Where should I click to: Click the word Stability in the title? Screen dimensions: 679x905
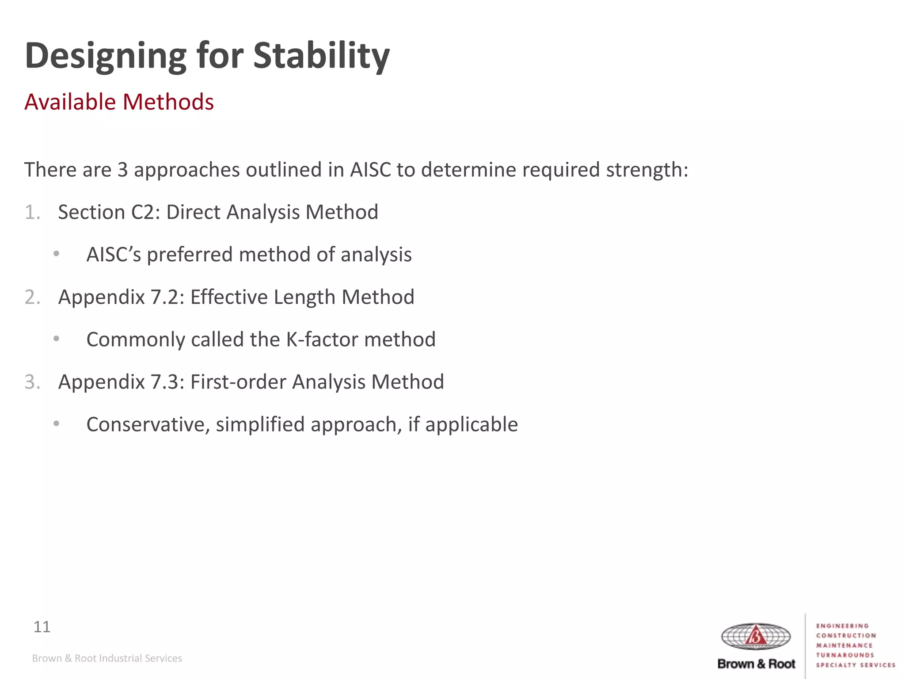[x=321, y=56]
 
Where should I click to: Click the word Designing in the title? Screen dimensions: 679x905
[x=106, y=56]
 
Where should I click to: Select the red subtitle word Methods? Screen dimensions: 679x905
[x=168, y=102]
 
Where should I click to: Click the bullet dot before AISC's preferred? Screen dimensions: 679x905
[x=56, y=254]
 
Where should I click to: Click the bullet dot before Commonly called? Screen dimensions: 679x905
[x=56, y=339]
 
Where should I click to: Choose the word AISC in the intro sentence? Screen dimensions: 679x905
[x=370, y=170]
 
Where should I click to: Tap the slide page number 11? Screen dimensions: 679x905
[x=42, y=627]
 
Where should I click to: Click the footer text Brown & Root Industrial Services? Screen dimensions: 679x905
[x=107, y=658]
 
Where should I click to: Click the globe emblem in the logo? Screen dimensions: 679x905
[x=756, y=637]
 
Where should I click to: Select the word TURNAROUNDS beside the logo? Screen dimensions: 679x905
[x=845, y=655]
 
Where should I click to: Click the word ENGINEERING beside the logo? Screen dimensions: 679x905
[x=842, y=626]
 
